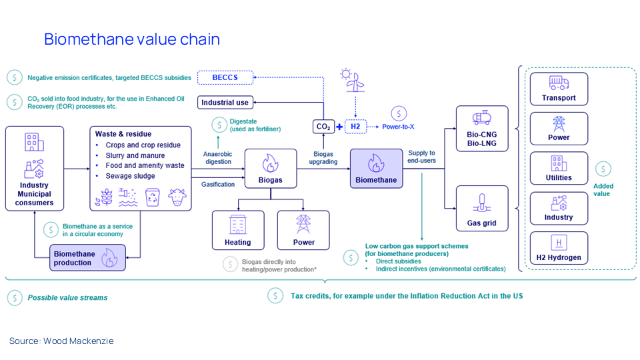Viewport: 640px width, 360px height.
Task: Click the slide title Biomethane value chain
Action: tap(132, 39)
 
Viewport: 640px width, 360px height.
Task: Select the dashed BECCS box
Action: tap(225, 78)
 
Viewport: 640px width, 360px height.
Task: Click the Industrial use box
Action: tap(225, 102)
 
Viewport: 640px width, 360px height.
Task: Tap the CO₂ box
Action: tap(323, 126)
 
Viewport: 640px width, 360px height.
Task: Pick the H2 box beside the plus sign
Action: tap(355, 126)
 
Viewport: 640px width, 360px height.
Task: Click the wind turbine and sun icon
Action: tap(353, 81)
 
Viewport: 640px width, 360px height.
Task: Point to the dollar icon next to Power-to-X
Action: tap(399, 113)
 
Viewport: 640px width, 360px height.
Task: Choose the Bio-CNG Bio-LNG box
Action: tap(482, 128)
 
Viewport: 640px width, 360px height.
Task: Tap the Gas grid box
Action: tap(482, 209)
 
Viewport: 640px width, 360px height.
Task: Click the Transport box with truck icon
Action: tap(558, 89)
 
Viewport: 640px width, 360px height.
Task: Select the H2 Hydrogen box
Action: tap(558, 248)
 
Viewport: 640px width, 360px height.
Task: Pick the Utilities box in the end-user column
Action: tap(558, 168)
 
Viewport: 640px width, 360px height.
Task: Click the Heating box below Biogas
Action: tap(238, 230)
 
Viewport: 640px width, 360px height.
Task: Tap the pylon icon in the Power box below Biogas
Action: tap(303, 224)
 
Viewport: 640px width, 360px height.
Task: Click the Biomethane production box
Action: tap(87, 257)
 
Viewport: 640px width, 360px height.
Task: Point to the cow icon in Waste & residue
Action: tap(177, 197)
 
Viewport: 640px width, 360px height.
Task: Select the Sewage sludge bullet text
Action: tap(130, 176)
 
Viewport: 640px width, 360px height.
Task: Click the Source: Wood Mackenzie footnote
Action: tap(61, 341)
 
